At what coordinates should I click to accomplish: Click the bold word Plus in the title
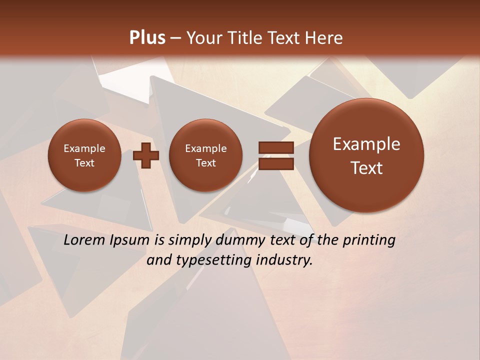click(x=147, y=37)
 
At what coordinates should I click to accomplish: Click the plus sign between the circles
click(x=146, y=155)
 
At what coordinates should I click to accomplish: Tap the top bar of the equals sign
click(x=276, y=147)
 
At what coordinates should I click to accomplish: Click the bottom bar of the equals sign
click(x=276, y=164)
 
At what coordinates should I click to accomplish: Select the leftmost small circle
click(x=84, y=155)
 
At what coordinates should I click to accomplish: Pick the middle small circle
click(x=205, y=155)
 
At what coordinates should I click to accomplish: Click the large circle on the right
click(x=366, y=155)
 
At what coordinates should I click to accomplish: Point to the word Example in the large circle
click(x=366, y=144)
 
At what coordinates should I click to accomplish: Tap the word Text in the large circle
click(x=366, y=168)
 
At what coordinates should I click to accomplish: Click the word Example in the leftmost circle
click(x=84, y=148)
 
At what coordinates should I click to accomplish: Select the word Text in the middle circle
click(x=205, y=163)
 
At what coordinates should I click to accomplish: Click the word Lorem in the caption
click(x=84, y=240)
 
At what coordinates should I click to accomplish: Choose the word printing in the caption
click(x=369, y=240)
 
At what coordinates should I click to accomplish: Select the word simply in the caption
click(x=190, y=240)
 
